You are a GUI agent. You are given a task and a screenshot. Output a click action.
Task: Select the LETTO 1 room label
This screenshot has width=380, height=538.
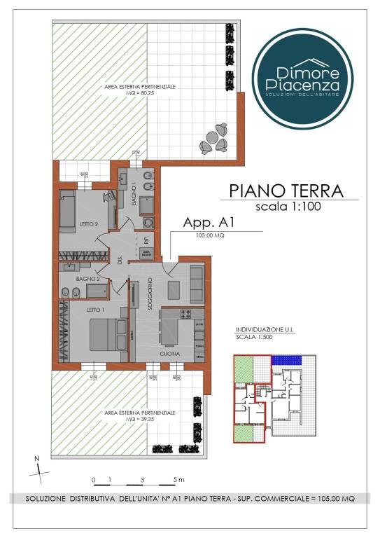click(x=76, y=309)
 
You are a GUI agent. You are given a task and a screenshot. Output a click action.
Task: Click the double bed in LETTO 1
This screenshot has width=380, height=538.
click(x=105, y=333)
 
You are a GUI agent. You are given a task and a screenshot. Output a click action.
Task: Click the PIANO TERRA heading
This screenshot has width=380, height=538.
click(x=286, y=190)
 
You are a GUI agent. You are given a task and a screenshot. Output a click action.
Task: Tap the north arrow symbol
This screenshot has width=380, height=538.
click(x=38, y=467)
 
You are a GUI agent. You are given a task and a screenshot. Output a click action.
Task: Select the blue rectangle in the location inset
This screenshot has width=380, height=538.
click(x=288, y=359)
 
